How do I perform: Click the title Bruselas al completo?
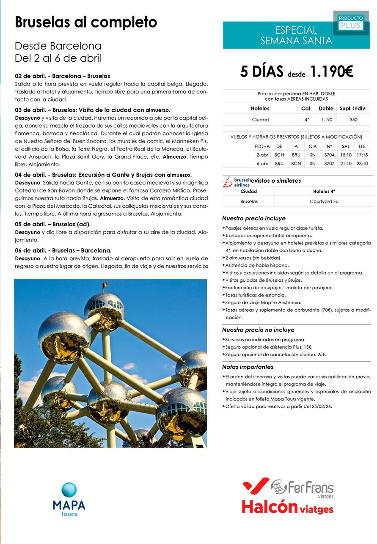86,22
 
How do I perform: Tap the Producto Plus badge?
350,22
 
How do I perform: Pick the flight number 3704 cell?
329,155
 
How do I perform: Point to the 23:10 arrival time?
362,163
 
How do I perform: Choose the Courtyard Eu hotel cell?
324,202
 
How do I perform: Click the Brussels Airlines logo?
237,181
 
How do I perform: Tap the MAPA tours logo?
69,499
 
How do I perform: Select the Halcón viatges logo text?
287,507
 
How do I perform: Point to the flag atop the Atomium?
105,285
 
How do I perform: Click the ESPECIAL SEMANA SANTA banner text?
296,36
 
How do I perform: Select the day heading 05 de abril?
53,224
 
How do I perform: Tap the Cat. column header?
306,108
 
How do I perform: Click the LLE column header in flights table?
362,146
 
